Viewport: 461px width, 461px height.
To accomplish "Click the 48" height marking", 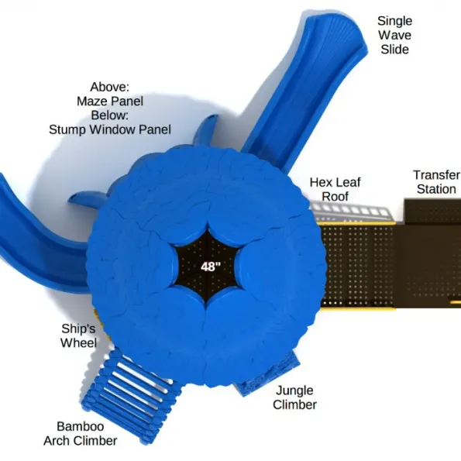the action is (211, 267).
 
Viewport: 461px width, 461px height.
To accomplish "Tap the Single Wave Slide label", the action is (394, 35).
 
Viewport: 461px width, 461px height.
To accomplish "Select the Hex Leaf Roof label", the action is (335, 189).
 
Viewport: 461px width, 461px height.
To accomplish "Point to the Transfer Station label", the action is (437, 182).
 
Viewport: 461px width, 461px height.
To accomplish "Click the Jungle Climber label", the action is (294, 397).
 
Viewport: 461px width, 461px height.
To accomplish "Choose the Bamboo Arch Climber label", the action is (81, 433).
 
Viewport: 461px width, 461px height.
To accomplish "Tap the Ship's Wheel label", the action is (78, 335).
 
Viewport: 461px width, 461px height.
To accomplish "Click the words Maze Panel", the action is (110, 101).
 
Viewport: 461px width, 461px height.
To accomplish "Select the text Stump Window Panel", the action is (110, 129).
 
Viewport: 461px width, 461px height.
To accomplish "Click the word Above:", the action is (110, 87).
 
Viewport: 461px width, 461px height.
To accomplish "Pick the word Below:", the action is (110, 115).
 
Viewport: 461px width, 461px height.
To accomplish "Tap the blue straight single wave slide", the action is (306, 88).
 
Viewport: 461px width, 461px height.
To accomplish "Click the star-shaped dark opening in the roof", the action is (207, 267).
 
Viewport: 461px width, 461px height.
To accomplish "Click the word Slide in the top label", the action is (395, 49).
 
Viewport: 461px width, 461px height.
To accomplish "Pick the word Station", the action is (437, 189).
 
